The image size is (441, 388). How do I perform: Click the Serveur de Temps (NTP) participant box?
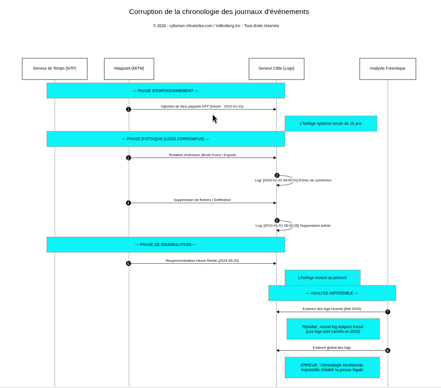point(55,69)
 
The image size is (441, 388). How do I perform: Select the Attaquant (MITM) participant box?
point(129,69)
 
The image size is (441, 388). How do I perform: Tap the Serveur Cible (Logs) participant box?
point(276,69)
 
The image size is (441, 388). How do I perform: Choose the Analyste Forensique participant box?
point(387,69)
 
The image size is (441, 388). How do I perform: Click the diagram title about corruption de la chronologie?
point(219,12)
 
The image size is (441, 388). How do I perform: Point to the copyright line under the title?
point(216,26)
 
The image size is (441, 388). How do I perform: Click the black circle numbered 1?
point(128,109)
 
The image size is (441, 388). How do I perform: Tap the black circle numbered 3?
point(277,175)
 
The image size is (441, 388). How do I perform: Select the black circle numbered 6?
point(128,264)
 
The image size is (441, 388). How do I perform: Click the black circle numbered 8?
point(387,351)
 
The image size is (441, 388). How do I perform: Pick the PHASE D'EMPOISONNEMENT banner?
point(166,91)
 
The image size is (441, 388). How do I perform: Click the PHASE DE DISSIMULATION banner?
point(166,244)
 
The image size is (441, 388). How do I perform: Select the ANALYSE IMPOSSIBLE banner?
point(332,293)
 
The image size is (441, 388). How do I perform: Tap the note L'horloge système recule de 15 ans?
point(330,123)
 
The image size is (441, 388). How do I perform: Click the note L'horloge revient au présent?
point(322,278)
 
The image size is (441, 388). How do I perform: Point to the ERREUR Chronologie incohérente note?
point(332,367)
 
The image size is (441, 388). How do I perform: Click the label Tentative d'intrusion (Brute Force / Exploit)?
point(202,155)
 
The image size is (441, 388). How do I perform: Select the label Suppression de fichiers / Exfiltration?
point(202,200)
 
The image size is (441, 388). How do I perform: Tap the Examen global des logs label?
point(332,347)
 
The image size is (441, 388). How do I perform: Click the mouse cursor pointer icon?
point(215,119)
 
